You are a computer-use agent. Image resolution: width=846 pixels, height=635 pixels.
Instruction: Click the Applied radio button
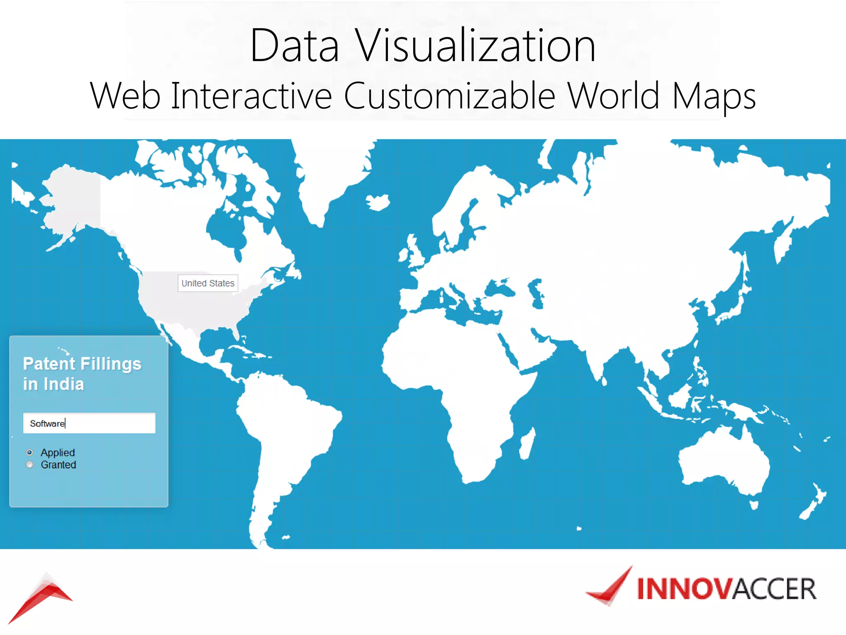point(30,452)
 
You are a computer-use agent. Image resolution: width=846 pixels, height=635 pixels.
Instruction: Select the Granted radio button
point(30,465)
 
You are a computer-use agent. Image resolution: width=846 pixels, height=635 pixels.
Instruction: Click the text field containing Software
point(89,423)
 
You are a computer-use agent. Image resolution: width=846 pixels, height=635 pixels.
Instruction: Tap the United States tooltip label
point(208,283)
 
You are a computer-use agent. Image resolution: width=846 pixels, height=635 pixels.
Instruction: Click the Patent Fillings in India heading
point(82,374)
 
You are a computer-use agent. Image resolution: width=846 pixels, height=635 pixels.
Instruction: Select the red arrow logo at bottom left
point(41,595)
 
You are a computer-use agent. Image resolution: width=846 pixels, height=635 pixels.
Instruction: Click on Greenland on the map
point(330,174)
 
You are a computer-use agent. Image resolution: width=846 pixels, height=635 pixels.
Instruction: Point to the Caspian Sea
point(537,294)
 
